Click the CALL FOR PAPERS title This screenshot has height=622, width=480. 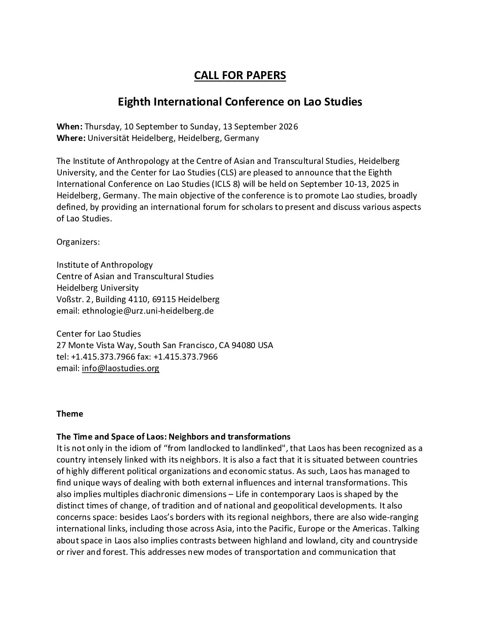[x=240, y=76]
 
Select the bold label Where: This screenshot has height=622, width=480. [x=71, y=138]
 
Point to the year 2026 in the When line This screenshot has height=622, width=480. [x=288, y=127]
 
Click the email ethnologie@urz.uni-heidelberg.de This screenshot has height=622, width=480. [x=148, y=311]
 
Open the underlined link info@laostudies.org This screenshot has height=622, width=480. [x=120, y=368]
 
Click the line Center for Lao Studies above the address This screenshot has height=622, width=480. [x=98, y=334]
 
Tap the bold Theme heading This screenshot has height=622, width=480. [x=70, y=414]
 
